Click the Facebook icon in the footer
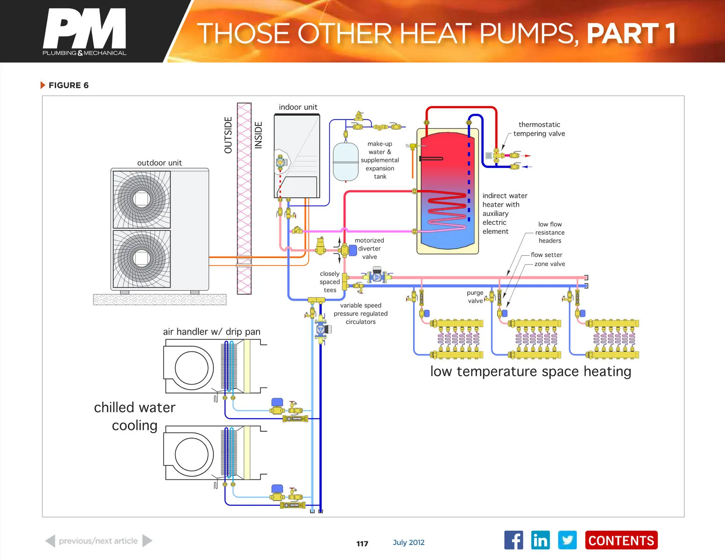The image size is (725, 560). point(514,540)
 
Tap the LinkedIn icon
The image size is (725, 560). point(540,540)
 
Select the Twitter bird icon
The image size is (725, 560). point(567,540)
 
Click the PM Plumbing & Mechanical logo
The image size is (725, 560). point(84,32)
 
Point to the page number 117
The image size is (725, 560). point(362,544)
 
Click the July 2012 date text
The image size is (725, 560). point(408,542)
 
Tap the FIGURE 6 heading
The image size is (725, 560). point(68,85)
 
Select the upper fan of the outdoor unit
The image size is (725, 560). point(141,199)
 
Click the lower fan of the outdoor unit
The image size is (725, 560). point(141,259)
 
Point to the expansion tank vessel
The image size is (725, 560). point(345,162)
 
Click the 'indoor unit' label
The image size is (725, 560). point(298,107)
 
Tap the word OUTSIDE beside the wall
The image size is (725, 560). point(228,135)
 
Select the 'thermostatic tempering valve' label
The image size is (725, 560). point(539,129)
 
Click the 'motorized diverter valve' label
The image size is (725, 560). point(369,249)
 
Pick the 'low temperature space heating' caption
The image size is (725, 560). point(530,371)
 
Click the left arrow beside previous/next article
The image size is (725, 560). point(50,541)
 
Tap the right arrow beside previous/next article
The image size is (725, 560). point(147,541)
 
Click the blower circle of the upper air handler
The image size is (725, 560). point(191,368)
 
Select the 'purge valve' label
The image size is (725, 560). point(475,297)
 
